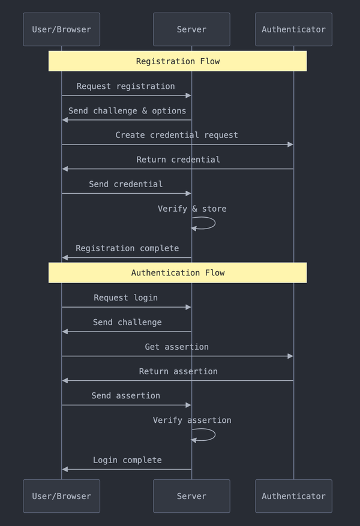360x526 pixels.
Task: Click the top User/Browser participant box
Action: pyautogui.click(x=61, y=29)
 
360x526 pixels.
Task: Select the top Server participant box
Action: pyautogui.click(x=191, y=29)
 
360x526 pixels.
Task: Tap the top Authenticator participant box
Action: pyautogui.click(x=293, y=29)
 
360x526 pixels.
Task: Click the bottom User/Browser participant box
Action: pyautogui.click(x=61, y=496)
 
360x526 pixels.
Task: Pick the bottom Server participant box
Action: pyautogui.click(x=191, y=496)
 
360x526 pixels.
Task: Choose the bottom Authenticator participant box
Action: pyautogui.click(x=293, y=496)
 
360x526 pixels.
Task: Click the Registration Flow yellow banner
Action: pyautogui.click(x=178, y=61)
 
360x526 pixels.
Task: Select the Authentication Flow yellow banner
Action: pyautogui.click(x=178, y=273)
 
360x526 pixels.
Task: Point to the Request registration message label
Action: pyautogui.click(x=126, y=86)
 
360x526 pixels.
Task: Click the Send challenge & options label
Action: pyautogui.click(x=127, y=111)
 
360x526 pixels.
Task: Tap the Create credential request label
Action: pyautogui.click(x=177, y=136)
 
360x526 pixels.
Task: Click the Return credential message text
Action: pyautogui.click(x=178, y=160)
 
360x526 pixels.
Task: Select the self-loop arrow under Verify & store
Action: pyautogui.click(x=207, y=223)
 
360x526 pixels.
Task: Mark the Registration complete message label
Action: pyautogui.click(x=127, y=248)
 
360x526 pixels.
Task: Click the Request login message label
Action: pyautogui.click(x=126, y=298)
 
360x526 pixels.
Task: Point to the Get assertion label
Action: pyautogui.click(x=177, y=347)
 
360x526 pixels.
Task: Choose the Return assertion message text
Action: pyautogui.click(x=178, y=372)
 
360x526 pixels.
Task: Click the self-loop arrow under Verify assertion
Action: pyautogui.click(x=207, y=435)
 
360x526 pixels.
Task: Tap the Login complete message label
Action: pyautogui.click(x=127, y=460)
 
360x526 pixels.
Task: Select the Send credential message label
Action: pyautogui.click(x=126, y=184)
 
